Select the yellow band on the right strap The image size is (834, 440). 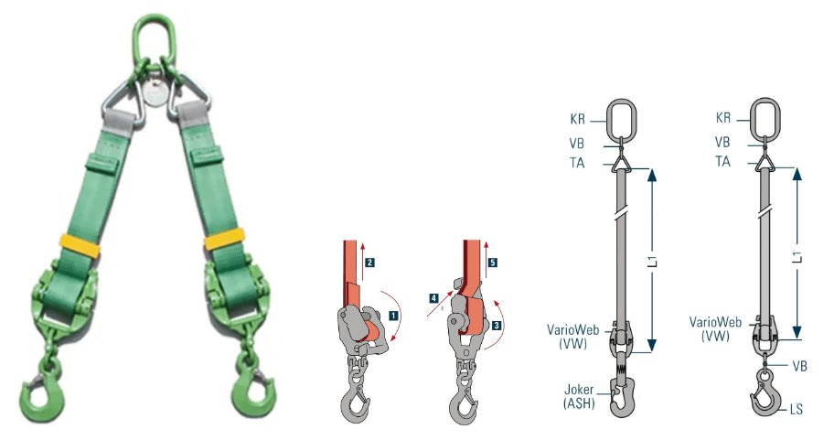(x=224, y=238)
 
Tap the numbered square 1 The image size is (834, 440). (x=393, y=316)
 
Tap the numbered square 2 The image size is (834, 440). (x=369, y=262)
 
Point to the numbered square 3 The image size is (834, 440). (x=496, y=325)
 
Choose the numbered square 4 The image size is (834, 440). (x=434, y=298)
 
